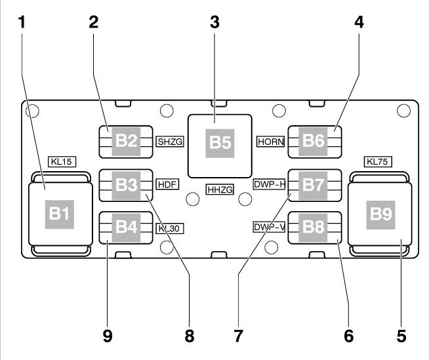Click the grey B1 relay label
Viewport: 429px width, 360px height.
(55, 214)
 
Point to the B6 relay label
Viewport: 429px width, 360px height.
(314, 141)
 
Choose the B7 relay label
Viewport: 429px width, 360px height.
(314, 185)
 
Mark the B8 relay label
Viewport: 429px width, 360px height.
(314, 228)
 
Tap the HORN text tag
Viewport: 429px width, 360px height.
(269, 141)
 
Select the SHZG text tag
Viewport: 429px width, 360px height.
(169, 141)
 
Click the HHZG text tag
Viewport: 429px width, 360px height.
(219, 189)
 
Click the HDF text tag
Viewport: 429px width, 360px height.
(166, 184)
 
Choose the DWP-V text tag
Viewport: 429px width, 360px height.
(269, 228)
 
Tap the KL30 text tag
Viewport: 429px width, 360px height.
(169, 228)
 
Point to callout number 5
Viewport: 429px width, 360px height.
(401, 336)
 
